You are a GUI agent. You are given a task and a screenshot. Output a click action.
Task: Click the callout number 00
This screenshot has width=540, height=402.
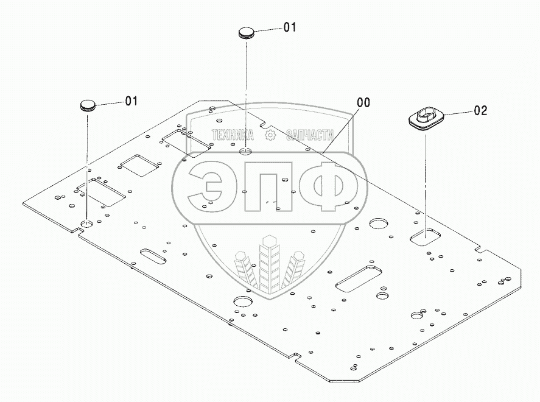point(363,102)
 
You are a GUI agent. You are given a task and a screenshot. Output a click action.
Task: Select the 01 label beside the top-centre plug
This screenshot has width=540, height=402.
point(290,27)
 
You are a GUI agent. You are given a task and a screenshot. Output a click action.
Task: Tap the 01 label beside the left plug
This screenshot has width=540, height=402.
point(131,101)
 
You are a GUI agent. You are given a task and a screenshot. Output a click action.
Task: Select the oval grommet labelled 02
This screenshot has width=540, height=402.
point(425,117)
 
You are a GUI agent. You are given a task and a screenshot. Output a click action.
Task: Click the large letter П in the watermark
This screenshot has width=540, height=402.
point(263,188)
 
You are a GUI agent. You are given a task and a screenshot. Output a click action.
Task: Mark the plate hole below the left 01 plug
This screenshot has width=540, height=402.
point(88,225)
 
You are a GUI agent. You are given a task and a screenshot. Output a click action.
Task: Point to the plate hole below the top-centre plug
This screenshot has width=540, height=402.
point(246,151)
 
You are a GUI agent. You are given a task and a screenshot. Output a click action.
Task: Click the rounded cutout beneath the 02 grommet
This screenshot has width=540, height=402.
point(425,234)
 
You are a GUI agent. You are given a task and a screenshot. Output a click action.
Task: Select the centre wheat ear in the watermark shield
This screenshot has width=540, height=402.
point(266,263)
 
